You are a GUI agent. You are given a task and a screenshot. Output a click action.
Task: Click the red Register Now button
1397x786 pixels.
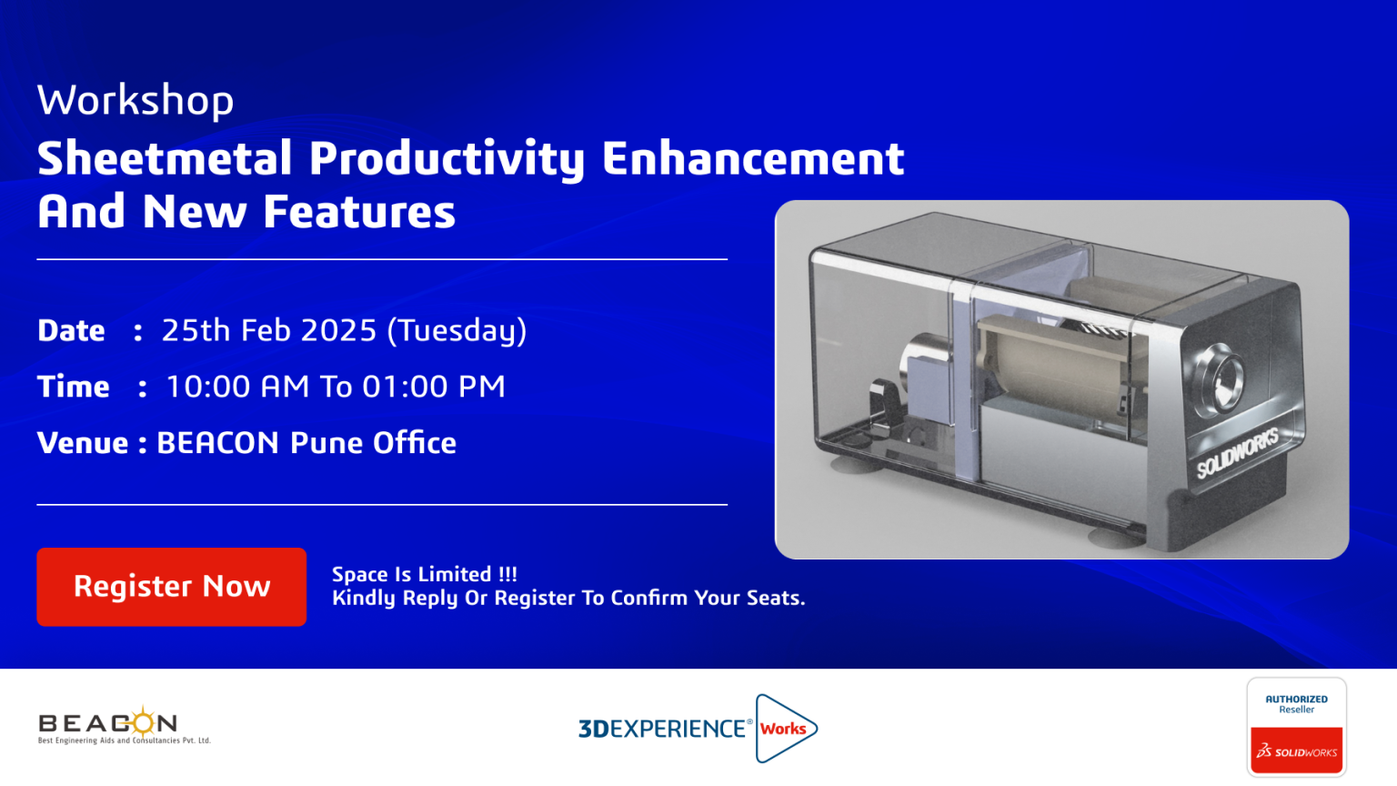(172, 587)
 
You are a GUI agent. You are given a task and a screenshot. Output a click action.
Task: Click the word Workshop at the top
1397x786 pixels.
(136, 100)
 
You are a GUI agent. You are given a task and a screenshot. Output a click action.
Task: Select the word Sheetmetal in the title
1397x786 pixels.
(165, 158)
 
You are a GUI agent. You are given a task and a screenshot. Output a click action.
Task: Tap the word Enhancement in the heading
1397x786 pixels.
(753, 158)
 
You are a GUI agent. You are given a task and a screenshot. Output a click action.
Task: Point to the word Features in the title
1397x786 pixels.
(359, 212)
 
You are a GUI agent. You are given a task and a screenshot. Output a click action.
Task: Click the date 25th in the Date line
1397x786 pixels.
(196, 330)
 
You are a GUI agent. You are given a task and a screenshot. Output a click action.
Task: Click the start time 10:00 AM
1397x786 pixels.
(237, 387)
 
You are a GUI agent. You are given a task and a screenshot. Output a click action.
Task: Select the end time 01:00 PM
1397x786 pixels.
(434, 387)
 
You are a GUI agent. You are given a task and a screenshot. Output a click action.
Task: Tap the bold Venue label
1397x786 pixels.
(83, 443)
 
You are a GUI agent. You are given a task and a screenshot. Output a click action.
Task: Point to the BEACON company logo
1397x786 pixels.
(124, 725)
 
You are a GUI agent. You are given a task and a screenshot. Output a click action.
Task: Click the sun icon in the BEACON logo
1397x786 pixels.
(143, 722)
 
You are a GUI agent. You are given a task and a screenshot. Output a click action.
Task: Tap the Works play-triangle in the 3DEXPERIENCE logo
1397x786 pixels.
(786, 729)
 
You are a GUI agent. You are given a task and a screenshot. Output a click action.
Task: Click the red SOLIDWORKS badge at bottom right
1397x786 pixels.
(1297, 751)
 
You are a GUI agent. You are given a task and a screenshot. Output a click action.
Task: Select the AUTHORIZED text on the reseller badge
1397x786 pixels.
(1297, 700)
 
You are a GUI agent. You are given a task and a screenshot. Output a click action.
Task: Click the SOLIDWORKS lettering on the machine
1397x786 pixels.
(1237, 454)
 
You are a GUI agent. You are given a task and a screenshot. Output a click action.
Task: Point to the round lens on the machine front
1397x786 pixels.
(1219, 378)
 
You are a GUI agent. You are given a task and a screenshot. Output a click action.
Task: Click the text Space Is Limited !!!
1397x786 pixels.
(424, 574)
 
